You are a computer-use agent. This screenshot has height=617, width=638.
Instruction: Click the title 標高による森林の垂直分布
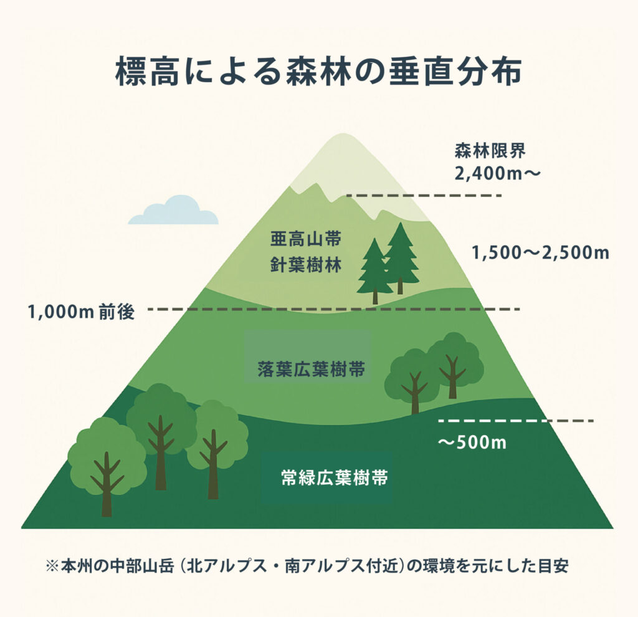tap(318, 73)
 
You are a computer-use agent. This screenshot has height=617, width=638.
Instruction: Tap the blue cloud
tap(173, 211)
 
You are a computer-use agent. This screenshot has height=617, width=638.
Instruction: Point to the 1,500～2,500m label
tap(540, 254)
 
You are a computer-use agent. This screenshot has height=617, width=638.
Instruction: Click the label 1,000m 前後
tap(81, 312)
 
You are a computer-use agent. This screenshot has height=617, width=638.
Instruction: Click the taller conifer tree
tap(400, 256)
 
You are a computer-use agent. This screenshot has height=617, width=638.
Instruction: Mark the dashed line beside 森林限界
tap(424, 195)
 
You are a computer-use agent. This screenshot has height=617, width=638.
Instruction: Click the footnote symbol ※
tap(52, 568)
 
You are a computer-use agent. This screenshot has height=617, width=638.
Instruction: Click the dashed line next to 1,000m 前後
tap(333, 308)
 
